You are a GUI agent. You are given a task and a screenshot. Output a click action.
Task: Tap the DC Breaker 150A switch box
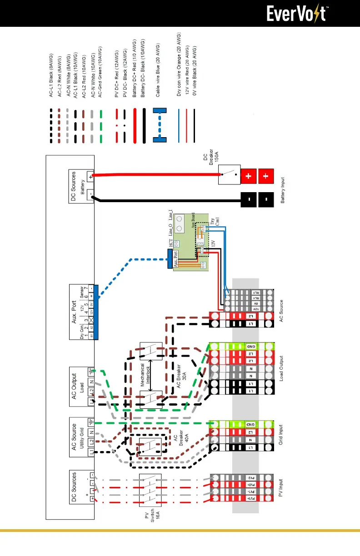(229, 174)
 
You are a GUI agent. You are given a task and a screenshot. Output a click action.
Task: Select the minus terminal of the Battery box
(90, 193)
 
